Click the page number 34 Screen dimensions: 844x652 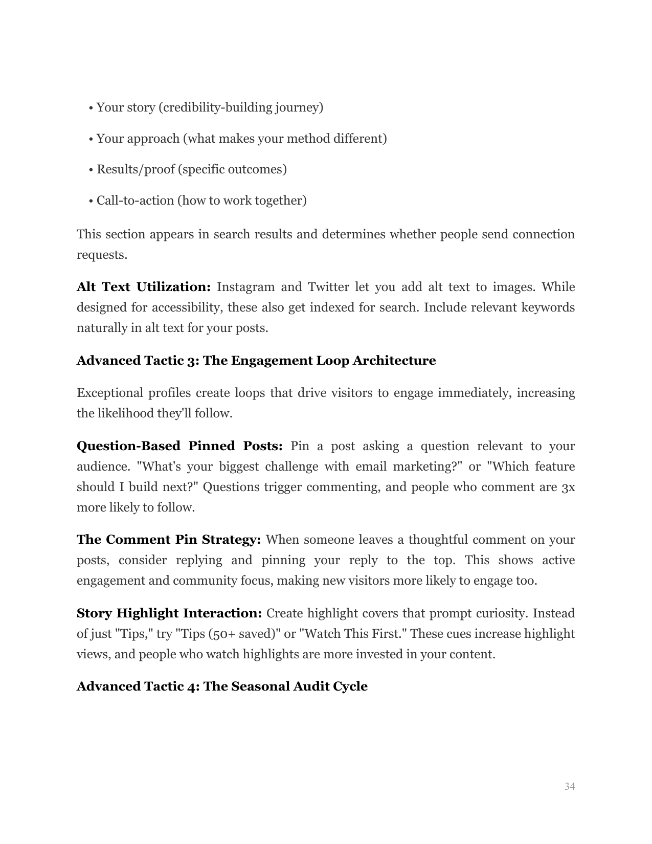click(x=570, y=786)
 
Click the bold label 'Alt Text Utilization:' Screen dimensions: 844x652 click(x=144, y=287)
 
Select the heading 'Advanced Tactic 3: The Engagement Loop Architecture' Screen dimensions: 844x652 click(x=256, y=361)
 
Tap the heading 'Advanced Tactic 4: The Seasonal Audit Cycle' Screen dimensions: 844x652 click(x=222, y=686)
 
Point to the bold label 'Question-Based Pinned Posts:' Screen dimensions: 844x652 click(x=179, y=446)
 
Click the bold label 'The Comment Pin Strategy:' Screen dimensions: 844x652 click(x=169, y=540)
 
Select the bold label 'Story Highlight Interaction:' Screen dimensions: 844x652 click(x=169, y=613)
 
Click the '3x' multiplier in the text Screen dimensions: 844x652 click(x=568, y=487)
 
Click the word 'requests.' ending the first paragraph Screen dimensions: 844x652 click(x=102, y=255)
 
